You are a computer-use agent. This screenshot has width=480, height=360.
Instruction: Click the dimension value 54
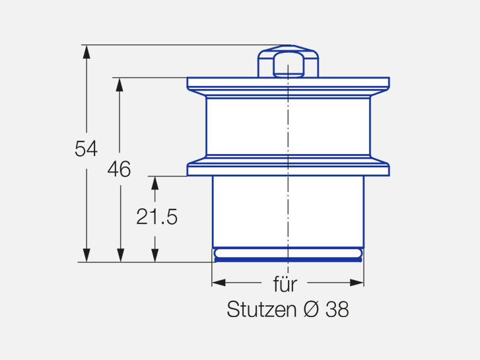pyautogui.click(x=86, y=149)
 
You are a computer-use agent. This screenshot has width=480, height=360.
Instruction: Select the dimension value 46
pyautogui.click(x=119, y=169)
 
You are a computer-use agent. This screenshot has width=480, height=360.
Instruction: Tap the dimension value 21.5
pyautogui.click(x=156, y=217)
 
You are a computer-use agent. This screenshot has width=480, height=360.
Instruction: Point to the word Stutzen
pyautogui.click(x=261, y=309)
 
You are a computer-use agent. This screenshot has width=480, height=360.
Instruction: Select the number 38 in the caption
pyautogui.click(x=337, y=309)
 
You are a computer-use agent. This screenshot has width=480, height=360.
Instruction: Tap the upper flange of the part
pyautogui.click(x=288, y=83)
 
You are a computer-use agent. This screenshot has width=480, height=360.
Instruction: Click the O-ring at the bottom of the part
pyautogui.click(x=288, y=254)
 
